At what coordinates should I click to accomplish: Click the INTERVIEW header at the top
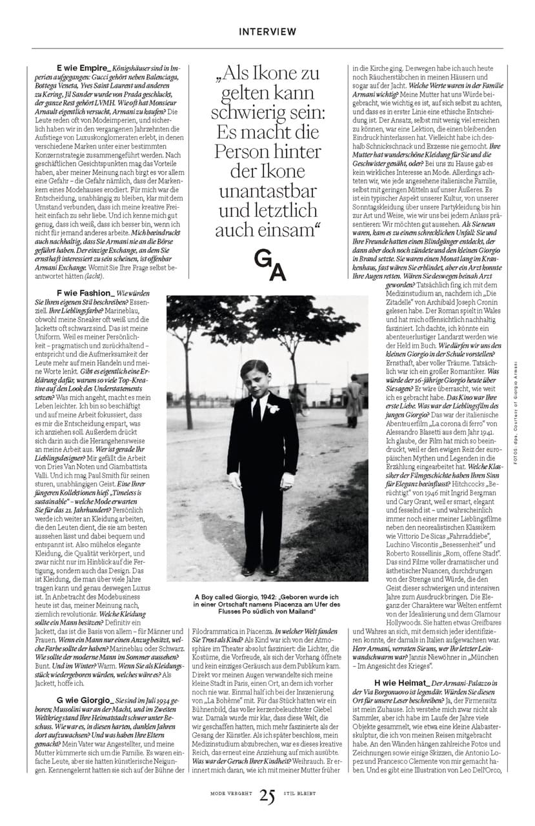[267, 32]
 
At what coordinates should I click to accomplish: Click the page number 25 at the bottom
[267, 796]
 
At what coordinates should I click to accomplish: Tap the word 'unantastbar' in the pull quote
[267, 192]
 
